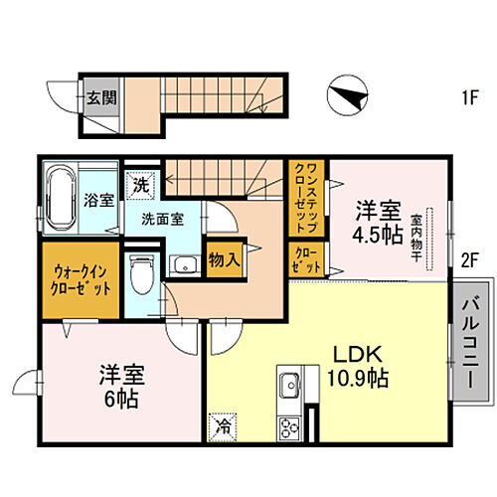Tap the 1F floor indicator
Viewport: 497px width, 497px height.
469,97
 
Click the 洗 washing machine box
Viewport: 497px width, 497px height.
143,184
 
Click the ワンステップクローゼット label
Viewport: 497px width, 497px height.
303,199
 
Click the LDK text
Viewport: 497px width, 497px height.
354,356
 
